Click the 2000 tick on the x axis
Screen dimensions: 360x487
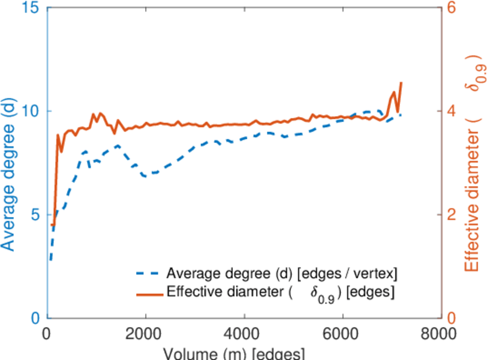pyautogui.click(x=145, y=334)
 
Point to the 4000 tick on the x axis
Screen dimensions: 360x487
pyautogui.click(x=244, y=334)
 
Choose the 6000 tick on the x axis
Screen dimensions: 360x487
pyautogui.click(x=342, y=334)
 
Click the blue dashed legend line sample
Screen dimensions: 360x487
pyautogui.click(x=148, y=274)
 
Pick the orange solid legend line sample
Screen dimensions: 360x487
pyautogui.click(x=148, y=293)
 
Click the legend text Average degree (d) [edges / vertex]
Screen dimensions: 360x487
pyautogui.click(x=282, y=274)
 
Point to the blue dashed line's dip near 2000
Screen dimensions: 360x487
pyautogui.click(x=146, y=176)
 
